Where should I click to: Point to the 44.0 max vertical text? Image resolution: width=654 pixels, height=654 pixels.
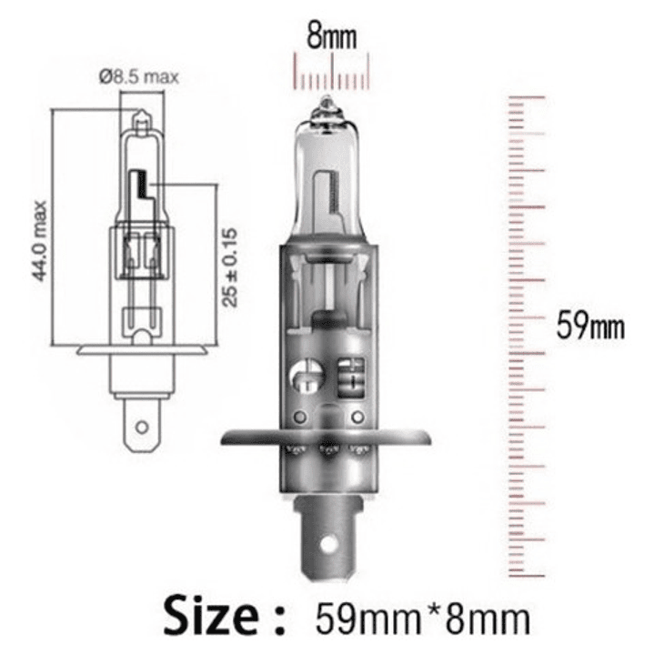tap(41, 242)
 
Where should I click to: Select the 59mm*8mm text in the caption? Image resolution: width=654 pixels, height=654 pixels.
tap(421, 618)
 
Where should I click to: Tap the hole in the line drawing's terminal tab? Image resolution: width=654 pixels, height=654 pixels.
tap(139, 426)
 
